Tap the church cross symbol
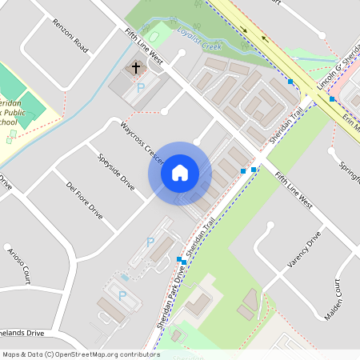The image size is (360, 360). [136, 68]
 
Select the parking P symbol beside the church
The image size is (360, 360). [141, 87]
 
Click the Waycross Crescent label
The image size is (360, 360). [142, 143]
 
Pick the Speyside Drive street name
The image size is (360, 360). [116, 171]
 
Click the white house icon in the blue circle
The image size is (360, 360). [180, 173]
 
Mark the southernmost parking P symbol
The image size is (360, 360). [122, 295]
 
